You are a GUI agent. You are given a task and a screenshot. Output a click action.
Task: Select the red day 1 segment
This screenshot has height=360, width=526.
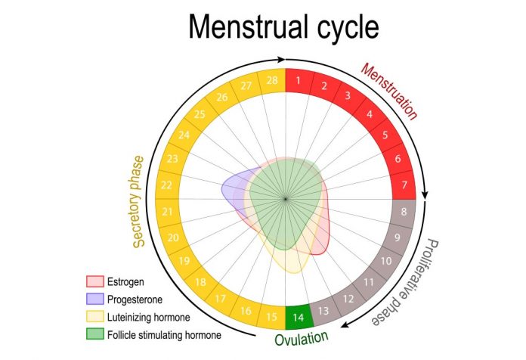pos(299,80)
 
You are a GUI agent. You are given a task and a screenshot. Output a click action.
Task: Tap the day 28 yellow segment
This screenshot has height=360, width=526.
pos(271,80)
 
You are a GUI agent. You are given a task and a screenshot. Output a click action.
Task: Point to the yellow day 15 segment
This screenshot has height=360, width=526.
pos(271,315)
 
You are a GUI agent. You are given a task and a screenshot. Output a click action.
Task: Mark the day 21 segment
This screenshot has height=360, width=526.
pos(168,213)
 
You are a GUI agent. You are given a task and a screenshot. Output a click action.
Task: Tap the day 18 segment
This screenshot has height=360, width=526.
pos(201,282)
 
